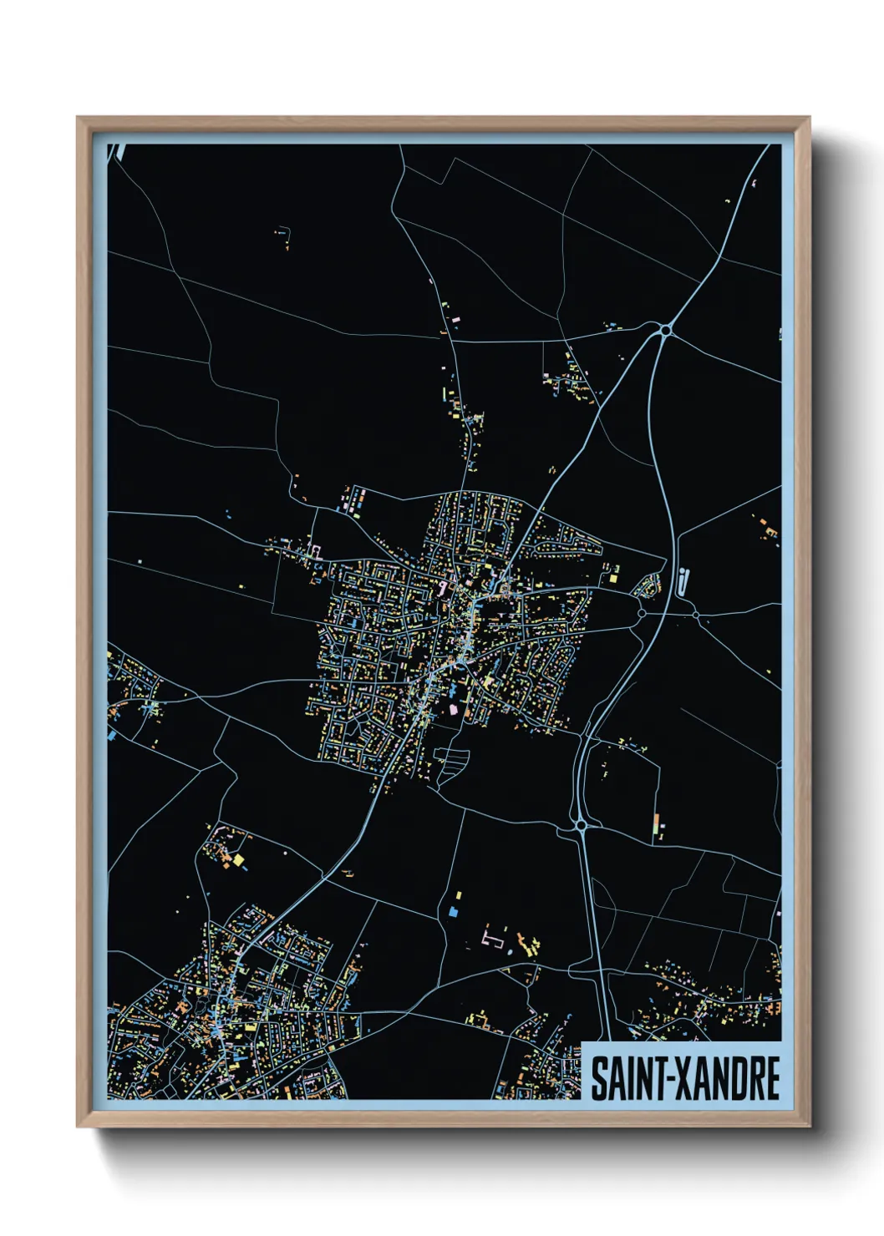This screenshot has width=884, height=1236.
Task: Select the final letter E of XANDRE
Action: pyautogui.click(x=772, y=1078)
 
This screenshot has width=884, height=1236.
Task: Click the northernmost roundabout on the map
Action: pyautogui.click(x=665, y=331)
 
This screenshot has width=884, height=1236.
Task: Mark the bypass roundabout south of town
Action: pyautogui.click(x=582, y=825)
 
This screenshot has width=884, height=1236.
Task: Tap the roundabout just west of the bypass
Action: pyautogui.click(x=642, y=614)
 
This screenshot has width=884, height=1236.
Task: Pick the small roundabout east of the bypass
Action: pyautogui.click(x=696, y=615)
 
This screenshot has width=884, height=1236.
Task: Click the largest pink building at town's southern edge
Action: pyautogui.click(x=455, y=709)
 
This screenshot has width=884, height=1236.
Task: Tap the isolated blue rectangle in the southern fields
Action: pyautogui.click(x=455, y=911)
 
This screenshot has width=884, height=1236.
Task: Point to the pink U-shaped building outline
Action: pyautogui.click(x=493, y=939)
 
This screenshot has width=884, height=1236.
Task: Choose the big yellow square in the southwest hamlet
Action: pyautogui.click(x=238, y=859)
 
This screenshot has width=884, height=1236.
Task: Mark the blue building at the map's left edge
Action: pyautogui.click(x=112, y=736)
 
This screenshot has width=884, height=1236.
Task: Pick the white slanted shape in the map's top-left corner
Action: pyautogui.click(x=117, y=151)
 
